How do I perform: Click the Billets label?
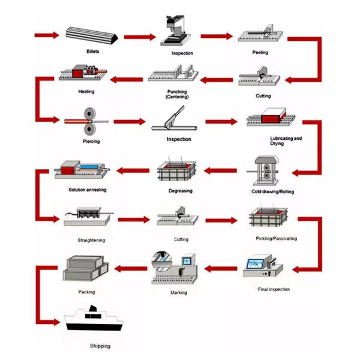pyautogui.click(x=92, y=52)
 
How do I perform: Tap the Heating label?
pyautogui.click(x=86, y=91)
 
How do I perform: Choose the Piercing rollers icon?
pyautogui.click(x=91, y=121)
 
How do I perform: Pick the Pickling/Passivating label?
pyautogui.click(x=276, y=239)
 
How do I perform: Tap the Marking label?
pyautogui.click(x=178, y=292)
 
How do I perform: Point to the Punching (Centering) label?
pyautogui.click(x=177, y=94)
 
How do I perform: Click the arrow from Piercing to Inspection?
pyautogui.click(x=130, y=122)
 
